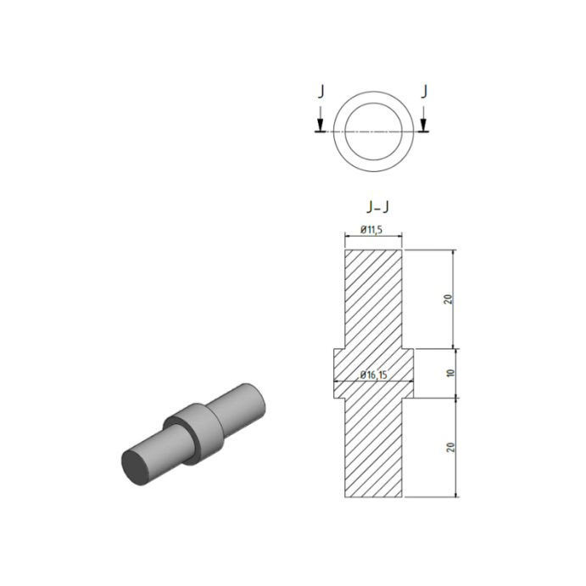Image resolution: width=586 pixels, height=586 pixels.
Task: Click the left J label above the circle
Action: point(321,92)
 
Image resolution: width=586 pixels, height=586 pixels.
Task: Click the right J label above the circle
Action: point(424,92)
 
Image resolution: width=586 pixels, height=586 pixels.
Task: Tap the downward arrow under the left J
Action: point(320,124)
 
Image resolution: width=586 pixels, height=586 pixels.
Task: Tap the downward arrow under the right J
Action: point(424,124)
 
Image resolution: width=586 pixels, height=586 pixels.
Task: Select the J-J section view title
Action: point(374,206)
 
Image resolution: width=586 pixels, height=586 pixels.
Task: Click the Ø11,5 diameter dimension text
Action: point(373,230)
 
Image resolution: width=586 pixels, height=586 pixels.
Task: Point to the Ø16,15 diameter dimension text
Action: point(374,374)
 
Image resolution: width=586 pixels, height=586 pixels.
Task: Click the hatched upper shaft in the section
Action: point(372,297)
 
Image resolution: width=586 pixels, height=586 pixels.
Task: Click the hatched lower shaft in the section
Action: point(372,449)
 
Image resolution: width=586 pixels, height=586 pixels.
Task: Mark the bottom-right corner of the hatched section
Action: point(401,497)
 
